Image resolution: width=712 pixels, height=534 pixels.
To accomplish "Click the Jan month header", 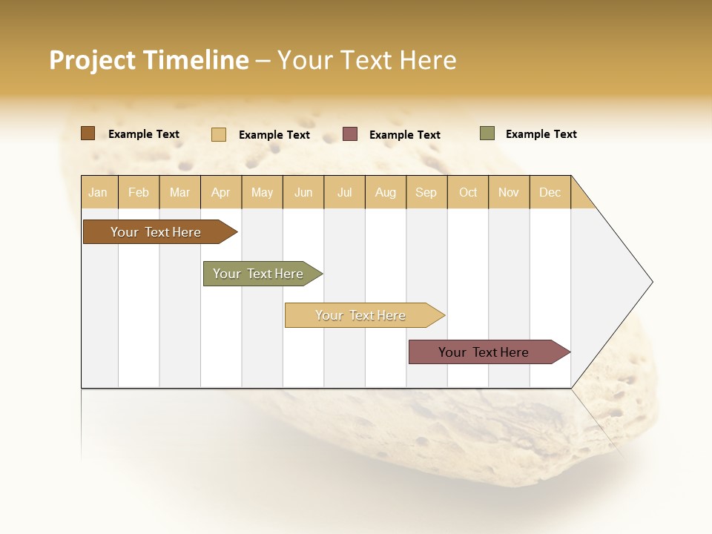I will (x=99, y=192).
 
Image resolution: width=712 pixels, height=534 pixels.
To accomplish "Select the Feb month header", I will (x=139, y=192).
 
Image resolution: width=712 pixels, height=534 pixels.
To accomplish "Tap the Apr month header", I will (x=221, y=192).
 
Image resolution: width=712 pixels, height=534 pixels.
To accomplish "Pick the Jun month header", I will (x=303, y=192).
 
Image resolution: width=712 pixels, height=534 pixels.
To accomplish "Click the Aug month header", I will (x=386, y=192).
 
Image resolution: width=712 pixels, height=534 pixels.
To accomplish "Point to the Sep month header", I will (x=426, y=192).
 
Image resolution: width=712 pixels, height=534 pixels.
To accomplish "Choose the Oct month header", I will (x=468, y=192).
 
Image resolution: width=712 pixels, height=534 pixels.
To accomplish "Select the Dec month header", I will (x=550, y=192).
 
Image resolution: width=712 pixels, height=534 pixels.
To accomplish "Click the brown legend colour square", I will (x=88, y=133).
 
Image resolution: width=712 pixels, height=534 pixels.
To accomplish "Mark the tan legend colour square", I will (x=218, y=134).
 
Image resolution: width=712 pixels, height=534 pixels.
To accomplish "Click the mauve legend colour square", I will (x=350, y=134).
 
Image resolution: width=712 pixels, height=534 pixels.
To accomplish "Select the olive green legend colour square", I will (x=487, y=133).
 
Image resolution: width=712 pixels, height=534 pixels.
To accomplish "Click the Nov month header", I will (x=509, y=192).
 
